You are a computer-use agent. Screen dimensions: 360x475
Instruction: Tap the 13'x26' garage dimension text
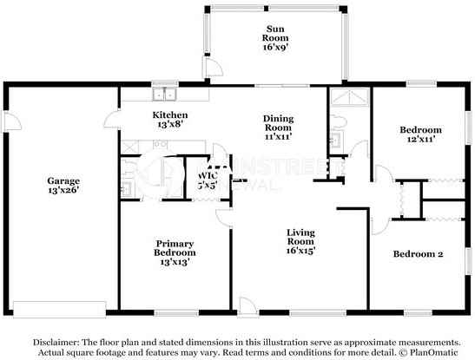(63, 192)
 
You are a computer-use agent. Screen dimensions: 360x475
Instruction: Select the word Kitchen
(170, 115)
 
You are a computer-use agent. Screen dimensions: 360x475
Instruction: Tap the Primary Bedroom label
(175, 249)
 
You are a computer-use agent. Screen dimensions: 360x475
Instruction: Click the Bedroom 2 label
(419, 254)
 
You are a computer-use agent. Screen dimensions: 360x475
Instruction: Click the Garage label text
(63, 181)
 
